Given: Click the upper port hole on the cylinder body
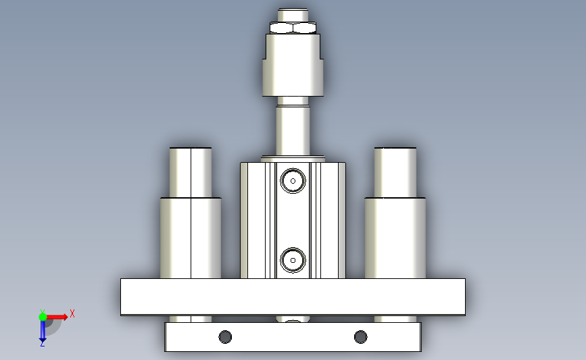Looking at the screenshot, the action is tap(293, 181).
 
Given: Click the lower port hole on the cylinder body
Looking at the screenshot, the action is tap(293, 260).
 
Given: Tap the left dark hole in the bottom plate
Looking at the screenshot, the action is tap(225, 337).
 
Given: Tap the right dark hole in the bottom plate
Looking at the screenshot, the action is tap(360, 337).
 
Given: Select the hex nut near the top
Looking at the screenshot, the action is tap(293, 28).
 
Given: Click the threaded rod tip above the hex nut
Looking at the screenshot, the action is tap(293, 15).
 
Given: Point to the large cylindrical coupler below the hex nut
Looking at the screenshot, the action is tap(293, 65).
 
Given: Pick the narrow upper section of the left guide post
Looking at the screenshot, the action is tap(191, 172).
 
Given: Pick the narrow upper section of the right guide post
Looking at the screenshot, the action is tap(395, 172).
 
